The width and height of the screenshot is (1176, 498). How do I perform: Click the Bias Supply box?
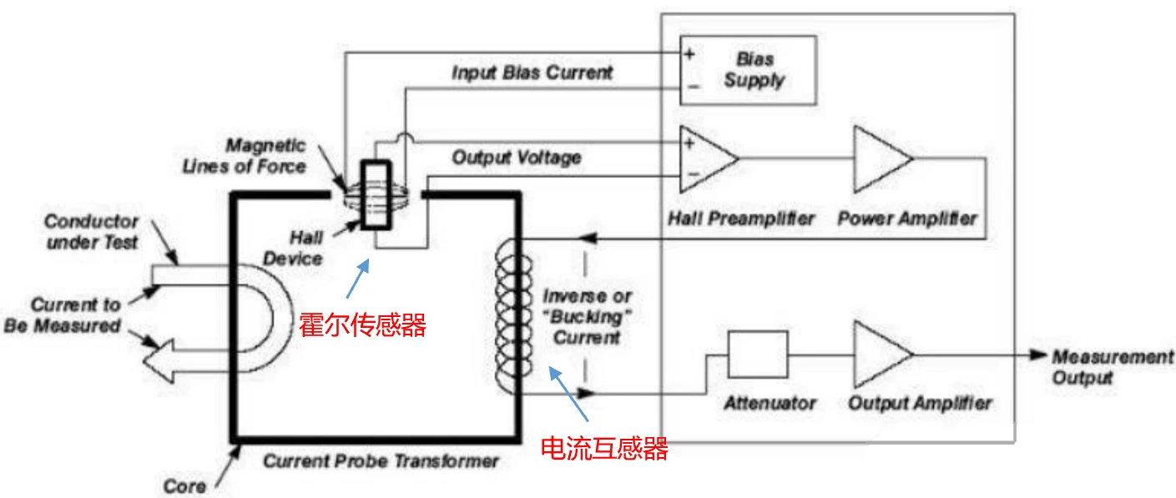pyautogui.click(x=747, y=70)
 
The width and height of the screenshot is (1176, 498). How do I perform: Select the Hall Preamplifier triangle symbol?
pyautogui.click(x=706, y=158)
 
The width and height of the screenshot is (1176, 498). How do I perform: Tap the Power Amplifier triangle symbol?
pyautogui.click(x=881, y=158)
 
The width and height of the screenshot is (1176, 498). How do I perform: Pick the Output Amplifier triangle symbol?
pyautogui.click(x=881, y=354)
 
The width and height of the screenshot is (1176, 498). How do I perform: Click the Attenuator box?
pyautogui.click(x=757, y=354)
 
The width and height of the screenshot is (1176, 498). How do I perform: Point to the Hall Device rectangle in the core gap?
pyautogui.click(x=374, y=197)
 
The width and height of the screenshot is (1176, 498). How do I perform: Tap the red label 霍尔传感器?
pyautogui.click(x=362, y=324)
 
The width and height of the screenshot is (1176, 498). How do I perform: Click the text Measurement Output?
pyautogui.click(x=1111, y=366)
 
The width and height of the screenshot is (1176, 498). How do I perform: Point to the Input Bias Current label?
pyautogui.click(x=532, y=73)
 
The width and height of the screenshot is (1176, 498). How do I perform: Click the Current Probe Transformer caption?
pyautogui.click(x=381, y=460)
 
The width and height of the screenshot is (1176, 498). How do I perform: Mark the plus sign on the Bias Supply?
pyautogui.click(x=689, y=54)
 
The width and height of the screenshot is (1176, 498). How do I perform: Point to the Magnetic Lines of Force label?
pyautogui.click(x=244, y=155)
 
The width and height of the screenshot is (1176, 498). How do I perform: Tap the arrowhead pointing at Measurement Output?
pyautogui.click(x=1037, y=355)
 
